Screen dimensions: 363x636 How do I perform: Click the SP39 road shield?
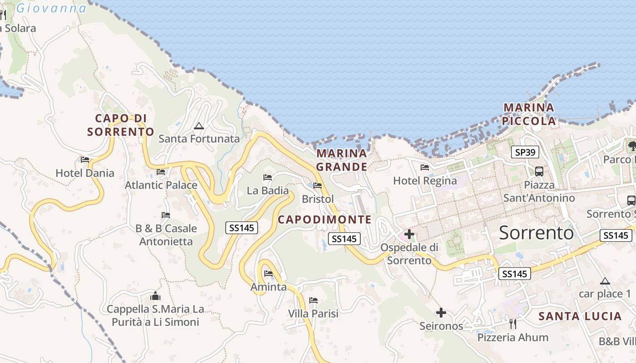[x=526, y=152]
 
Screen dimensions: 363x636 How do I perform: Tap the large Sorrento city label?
[x=536, y=233]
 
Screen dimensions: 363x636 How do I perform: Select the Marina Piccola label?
[x=529, y=114]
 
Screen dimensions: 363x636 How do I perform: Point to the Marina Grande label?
[x=342, y=160]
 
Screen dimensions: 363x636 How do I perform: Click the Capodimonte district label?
[x=324, y=220]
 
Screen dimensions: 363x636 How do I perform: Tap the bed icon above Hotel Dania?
[x=85, y=160]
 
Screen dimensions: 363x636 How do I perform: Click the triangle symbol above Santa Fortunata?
[x=199, y=126]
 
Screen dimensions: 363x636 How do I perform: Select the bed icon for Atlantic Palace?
[x=161, y=172]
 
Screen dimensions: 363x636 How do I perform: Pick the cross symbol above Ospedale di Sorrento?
[x=409, y=234]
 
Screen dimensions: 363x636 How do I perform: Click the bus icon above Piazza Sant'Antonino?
[x=539, y=172]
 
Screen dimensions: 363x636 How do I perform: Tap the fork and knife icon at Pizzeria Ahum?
[x=513, y=324]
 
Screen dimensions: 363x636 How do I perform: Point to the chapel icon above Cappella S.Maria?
[x=155, y=296]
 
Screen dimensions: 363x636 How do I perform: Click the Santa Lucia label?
[x=580, y=317]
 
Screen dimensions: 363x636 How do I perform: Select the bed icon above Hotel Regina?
[x=425, y=167]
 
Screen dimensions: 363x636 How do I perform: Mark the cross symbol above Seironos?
[x=441, y=313]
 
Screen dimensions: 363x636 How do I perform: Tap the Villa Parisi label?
[x=313, y=314]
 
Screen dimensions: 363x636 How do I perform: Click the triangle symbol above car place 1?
[x=605, y=281]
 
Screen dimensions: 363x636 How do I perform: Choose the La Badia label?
[x=268, y=191]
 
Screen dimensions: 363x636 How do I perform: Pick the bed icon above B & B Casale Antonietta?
[x=166, y=215]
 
